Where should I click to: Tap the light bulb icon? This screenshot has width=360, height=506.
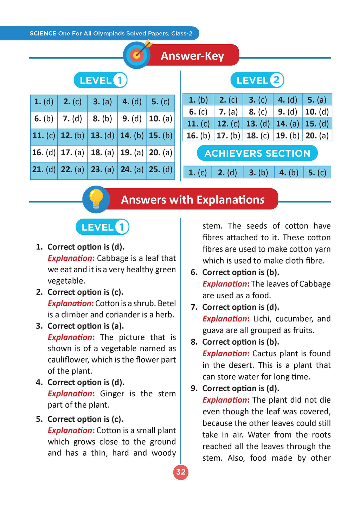click(96, 199)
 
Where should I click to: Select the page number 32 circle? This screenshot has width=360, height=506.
click(181, 472)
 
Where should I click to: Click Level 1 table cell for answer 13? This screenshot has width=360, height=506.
click(102, 136)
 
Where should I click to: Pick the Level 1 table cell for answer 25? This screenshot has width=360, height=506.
click(161, 169)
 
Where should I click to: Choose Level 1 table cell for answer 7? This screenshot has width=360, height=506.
click(72, 119)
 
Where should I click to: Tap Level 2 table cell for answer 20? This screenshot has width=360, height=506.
click(317, 136)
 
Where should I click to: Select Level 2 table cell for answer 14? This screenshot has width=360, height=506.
click(288, 124)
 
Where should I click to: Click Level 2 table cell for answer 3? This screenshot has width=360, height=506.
click(258, 100)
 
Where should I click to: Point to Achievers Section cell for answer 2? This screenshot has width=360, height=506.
click(227, 173)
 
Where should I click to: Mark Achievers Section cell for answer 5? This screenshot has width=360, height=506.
click(317, 173)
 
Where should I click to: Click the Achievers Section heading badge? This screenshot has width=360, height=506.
click(257, 153)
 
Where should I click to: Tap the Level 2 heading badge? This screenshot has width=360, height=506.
click(257, 80)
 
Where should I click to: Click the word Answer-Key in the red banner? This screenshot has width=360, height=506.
click(192, 56)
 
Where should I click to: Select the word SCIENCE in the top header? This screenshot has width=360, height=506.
click(43, 34)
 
